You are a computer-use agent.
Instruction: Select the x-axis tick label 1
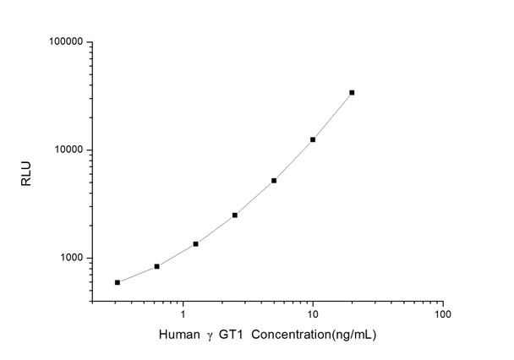pyautogui.click(x=182, y=314)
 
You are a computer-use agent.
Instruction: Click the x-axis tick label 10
pyautogui.click(x=313, y=314)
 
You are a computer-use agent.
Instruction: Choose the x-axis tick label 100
pyautogui.click(x=442, y=314)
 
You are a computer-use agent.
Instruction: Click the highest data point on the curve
pyautogui.click(x=352, y=92)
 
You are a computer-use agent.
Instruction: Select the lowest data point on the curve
pyautogui.click(x=118, y=282)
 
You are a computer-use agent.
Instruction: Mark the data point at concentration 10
pyautogui.click(x=313, y=139)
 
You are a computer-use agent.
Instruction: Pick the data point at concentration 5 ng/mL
pyautogui.click(x=274, y=180)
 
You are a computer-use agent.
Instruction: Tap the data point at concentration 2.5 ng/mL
pyautogui.click(x=235, y=215)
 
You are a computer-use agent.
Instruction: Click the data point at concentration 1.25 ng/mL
pyautogui.click(x=195, y=243)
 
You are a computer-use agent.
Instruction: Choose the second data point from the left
pyautogui.click(x=156, y=266)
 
